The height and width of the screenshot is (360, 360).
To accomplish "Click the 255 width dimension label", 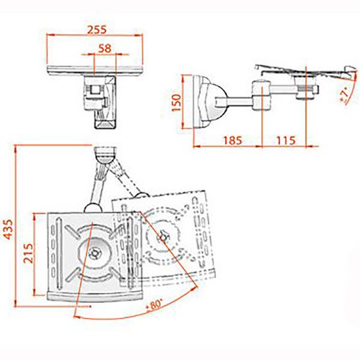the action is pyautogui.click(x=97, y=29).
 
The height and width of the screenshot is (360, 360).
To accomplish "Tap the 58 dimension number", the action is pyautogui.click(x=105, y=49).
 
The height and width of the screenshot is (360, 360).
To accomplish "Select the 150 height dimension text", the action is pyautogui.click(x=176, y=103).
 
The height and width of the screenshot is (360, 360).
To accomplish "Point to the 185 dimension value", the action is pyautogui.click(x=232, y=140).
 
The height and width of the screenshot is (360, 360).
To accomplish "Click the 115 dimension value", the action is pyautogui.click(x=286, y=140).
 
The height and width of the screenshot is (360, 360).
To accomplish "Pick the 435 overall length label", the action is pyautogui.click(x=8, y=229).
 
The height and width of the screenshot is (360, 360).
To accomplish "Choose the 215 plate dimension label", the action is pyautogui.click(x=29, y=253).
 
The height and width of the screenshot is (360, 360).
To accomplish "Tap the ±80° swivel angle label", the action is pyautogui.click(x=155, y=305).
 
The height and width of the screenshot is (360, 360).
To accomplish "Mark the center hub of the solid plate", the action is pyautogui.click(x=94, y=253).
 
